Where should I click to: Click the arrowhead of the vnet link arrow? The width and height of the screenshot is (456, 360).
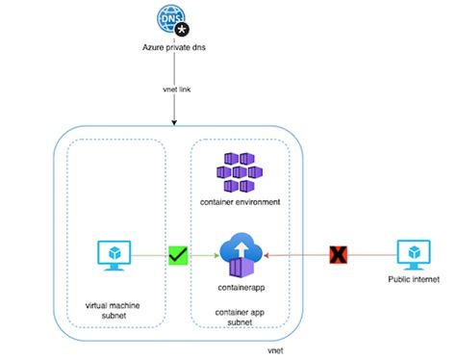173,123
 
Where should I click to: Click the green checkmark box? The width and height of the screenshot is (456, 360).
178,255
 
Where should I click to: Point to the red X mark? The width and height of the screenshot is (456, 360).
338,255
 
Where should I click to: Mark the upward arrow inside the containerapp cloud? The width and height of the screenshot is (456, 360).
236,250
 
